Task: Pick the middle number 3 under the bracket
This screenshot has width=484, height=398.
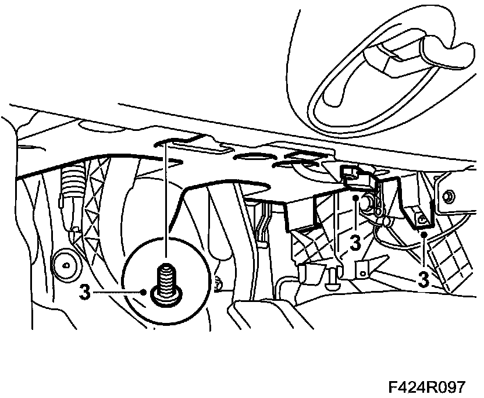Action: [x=354, y=244]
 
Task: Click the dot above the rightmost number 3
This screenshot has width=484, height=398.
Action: [x=425, y=234]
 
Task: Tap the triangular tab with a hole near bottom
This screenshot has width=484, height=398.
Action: [x=362, y=269]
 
